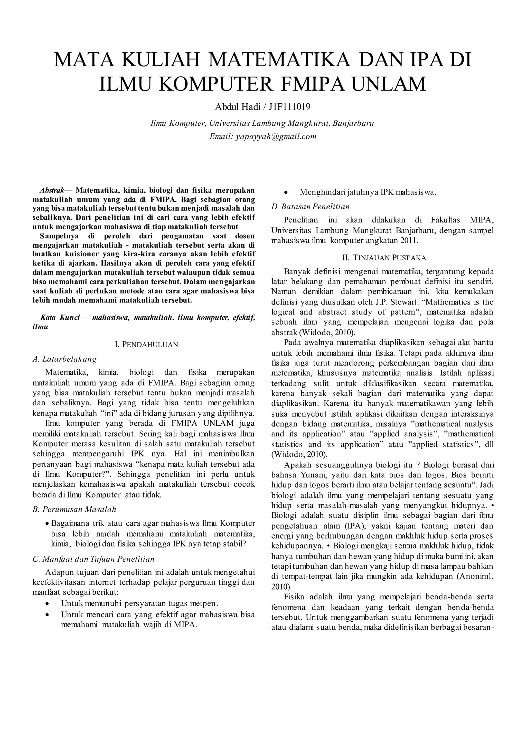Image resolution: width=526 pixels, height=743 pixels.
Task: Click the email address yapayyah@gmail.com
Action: (276, 136)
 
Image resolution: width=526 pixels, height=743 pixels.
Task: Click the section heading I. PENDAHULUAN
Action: (146, 345)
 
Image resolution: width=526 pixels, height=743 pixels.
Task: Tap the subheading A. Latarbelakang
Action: (65, 359)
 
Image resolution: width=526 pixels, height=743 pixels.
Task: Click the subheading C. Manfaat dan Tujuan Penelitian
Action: (93, 559)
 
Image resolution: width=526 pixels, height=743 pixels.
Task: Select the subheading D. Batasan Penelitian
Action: (310, 207)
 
